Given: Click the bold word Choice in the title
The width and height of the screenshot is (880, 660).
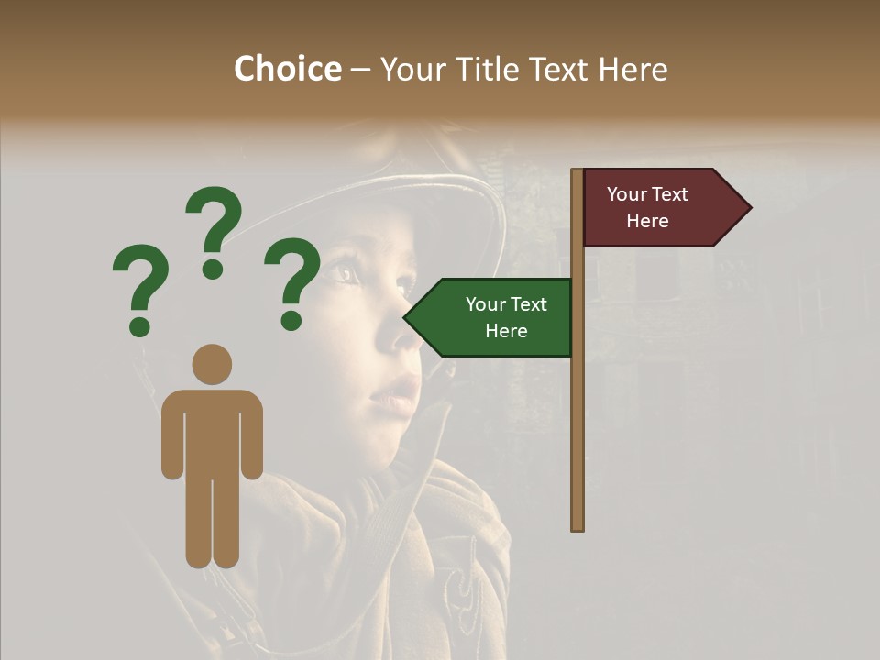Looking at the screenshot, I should (287, 69).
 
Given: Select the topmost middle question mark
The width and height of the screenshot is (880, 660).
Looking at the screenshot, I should (214, 231).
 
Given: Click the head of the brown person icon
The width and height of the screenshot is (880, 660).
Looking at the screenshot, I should (212, 364).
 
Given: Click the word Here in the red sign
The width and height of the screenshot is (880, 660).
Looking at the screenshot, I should (647, 221).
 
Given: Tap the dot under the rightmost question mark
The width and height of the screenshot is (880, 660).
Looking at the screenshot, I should (291, 321).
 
